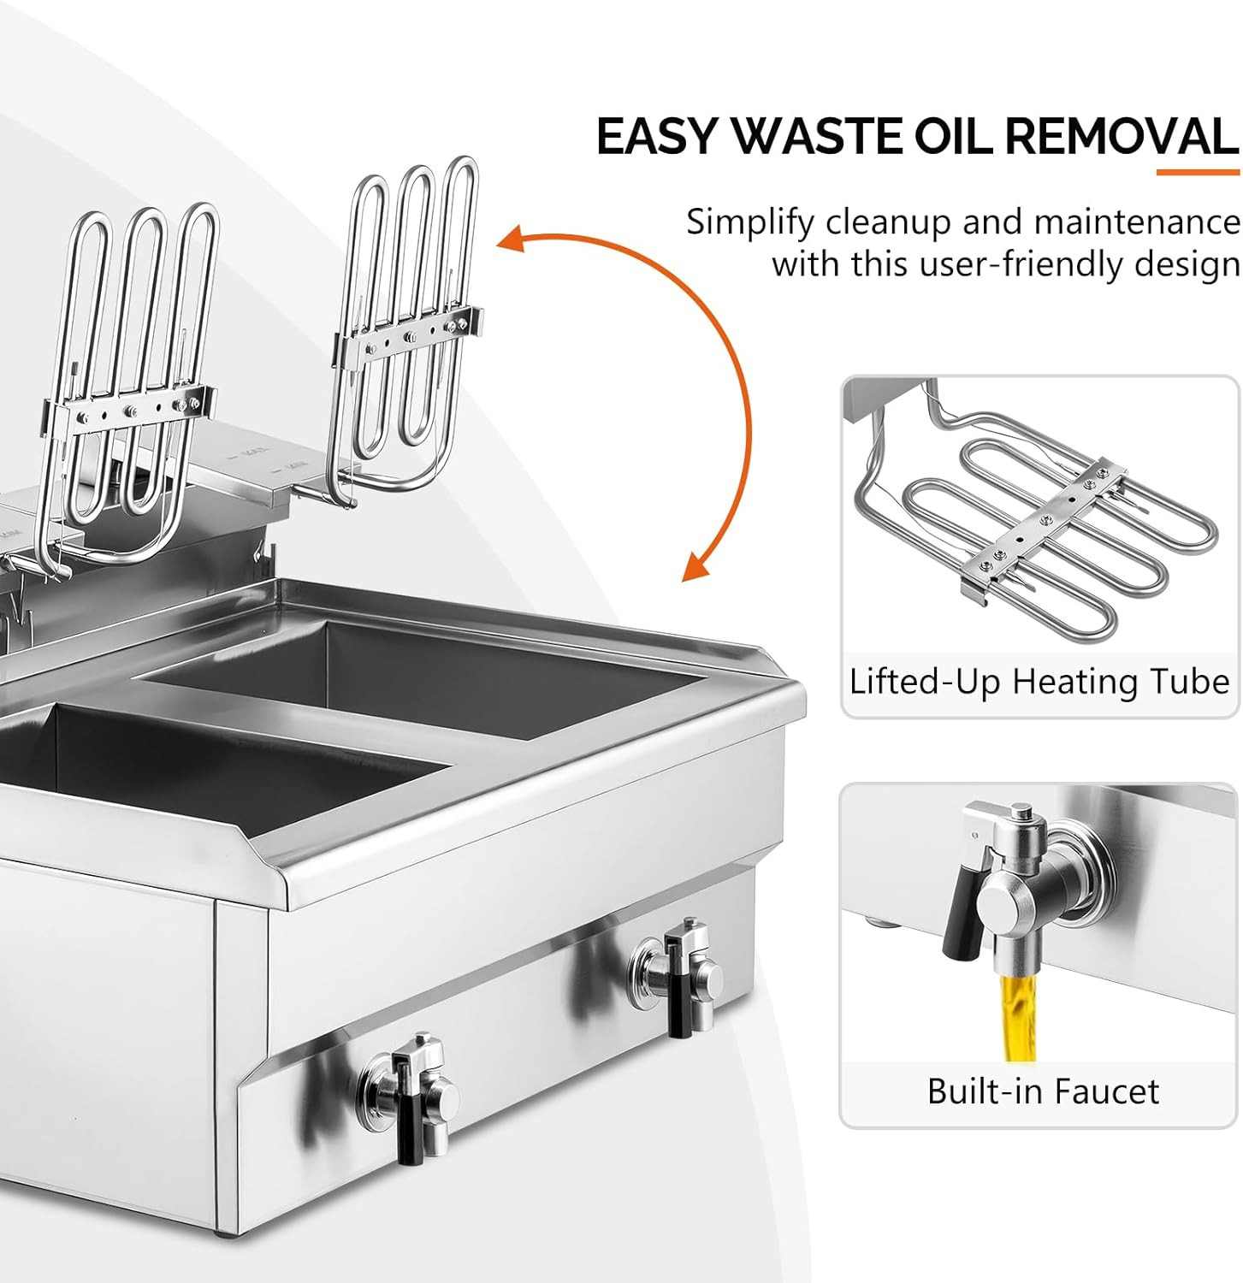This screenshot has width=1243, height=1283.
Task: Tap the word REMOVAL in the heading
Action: (x=1121, y=136)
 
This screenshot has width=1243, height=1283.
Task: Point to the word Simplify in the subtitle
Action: (x=750, y=222)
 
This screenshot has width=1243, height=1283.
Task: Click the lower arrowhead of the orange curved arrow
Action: (x=694, y=569)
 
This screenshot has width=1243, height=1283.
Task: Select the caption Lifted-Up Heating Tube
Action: (x=1039, y=683)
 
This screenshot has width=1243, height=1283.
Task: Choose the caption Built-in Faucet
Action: (x=1043, y=1091)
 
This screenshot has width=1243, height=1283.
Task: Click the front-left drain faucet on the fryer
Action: (x=411, y=1095)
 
